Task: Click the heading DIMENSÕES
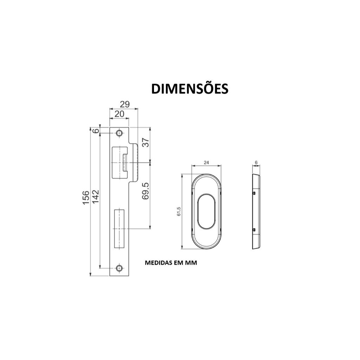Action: tap(190, 89)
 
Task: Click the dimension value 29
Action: tap(124, 104)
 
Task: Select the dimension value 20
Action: tap(120, 114)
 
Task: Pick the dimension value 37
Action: tap(146, 142)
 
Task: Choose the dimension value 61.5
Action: tap(179, 212)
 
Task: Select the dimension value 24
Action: tap(206, 162)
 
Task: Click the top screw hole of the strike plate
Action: tap(119, 133)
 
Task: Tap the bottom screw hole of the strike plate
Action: tap(119, 268)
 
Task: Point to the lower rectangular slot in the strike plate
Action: tap(120, 229)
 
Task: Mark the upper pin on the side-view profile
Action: tap(254, 193)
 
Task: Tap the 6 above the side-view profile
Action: tap(256, 162)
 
